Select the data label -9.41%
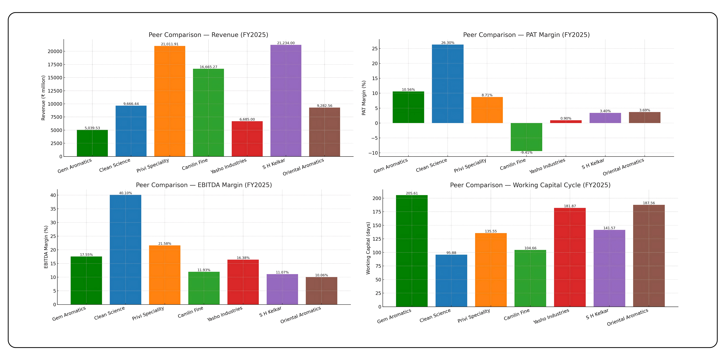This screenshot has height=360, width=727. [526, 153]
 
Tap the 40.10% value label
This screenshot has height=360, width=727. [125, 193]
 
